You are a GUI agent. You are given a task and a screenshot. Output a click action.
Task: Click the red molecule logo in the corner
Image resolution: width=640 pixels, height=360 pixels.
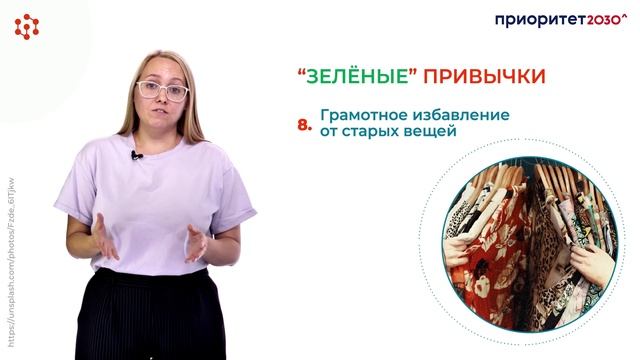(x=26, y=26)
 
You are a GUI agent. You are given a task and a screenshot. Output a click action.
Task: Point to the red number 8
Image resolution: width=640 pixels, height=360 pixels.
(x=305, y=125)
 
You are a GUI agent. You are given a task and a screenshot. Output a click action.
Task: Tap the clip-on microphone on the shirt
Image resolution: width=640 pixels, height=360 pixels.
(x=136, y=155)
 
